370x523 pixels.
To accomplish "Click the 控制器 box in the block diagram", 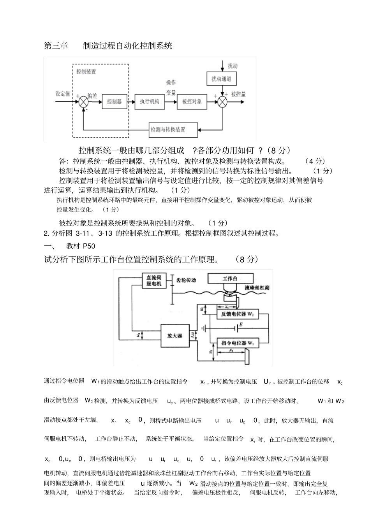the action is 115,101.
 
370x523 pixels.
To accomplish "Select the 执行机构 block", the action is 150,101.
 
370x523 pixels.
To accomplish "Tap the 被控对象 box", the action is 192,101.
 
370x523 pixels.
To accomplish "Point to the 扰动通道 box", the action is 221,79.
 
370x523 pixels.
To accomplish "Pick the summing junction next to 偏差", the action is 83,101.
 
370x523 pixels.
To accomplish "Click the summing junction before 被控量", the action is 222,101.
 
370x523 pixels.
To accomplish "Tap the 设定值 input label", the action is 63,94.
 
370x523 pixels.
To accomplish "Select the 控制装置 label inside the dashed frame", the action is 86,72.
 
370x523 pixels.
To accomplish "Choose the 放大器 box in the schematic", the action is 175,336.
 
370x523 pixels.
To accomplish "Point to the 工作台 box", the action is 230,278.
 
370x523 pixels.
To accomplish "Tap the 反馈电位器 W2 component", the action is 238,313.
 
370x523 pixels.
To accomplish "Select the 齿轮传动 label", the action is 186,280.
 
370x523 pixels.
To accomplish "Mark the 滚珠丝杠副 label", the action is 257,288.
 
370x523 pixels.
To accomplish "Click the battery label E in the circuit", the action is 241,324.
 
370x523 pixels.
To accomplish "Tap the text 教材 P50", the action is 81,246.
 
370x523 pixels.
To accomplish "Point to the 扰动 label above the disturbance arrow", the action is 233,66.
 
